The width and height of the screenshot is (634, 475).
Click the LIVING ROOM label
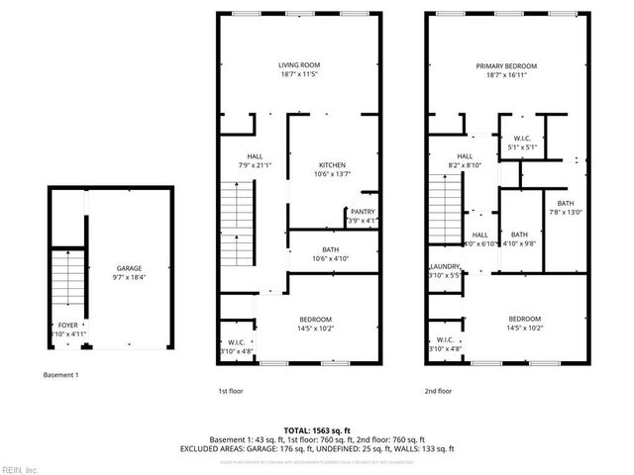tap(299, 65)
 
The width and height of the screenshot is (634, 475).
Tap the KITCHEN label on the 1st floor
tap(332, 164)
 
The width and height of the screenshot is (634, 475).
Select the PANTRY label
tap(362, 210)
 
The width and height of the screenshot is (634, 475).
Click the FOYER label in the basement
tap(67, 324)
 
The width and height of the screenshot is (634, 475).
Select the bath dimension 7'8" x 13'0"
tap(565, 211)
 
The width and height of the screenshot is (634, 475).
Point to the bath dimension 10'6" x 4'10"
tap(332, 258)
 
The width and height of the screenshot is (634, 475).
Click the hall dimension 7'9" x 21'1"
tap(255, 165)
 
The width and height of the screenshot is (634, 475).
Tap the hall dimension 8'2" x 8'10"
tap(465, 165)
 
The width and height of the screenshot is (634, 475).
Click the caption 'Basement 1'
tap(61, 375)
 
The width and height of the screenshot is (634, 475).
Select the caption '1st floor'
tap(231, 392)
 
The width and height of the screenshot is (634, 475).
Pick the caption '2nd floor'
tap(438, 392)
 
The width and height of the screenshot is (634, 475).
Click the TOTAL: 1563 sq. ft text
tap(317, 429)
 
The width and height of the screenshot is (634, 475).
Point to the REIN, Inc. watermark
tap(20, 468)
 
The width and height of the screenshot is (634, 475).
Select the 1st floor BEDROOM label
tap(315, 319)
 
